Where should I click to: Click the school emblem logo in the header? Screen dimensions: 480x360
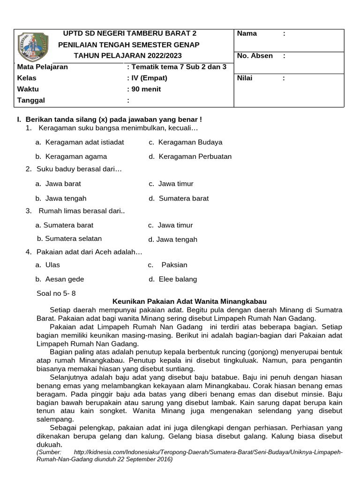pyautogui.click(x=32, y=47)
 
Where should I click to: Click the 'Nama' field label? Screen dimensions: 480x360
pyautogui.click(x=247, y=33)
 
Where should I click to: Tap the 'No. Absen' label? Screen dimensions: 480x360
pyautogui.click(x=255, y=56)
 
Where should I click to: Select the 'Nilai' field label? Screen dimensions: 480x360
pyautogui.click(x=245, y=78)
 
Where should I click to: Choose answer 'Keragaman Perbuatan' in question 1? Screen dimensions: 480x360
pyautogui.click(x=195, y=157)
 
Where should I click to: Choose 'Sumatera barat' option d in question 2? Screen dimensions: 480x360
pyautogui.click(x=184, y=198)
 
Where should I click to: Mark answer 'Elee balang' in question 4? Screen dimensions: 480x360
pyautogui.click(x=178, y=279)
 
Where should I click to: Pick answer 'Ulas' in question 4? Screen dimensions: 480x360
pyautogui.click(x=52, y=265)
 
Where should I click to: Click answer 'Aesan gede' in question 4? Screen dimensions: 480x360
pyautogui.click(x=65, y=279)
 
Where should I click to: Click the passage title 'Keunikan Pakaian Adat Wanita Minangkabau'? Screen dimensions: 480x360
pyautogui.click(x=189, y=301)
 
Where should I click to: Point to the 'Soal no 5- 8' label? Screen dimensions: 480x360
pyautogui.click(x=56, y=293)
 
